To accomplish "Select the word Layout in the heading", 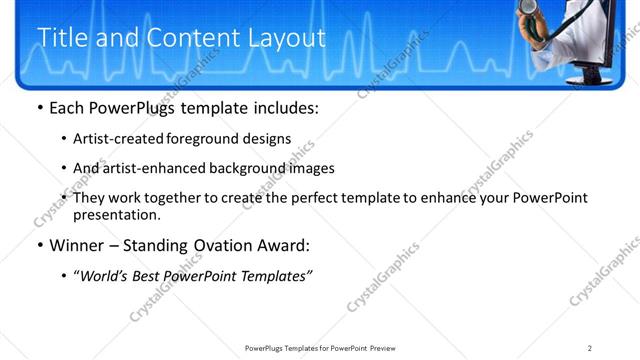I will click(288, 38).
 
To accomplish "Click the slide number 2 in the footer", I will click(590, 348).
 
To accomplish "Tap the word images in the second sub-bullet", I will click(311, 168).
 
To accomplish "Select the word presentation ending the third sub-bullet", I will click(115, 215).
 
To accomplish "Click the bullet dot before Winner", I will click(39, 245).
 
